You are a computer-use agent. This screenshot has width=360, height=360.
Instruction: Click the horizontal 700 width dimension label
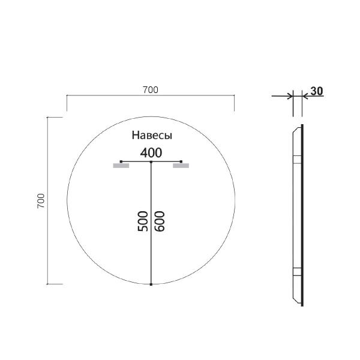[150, 90]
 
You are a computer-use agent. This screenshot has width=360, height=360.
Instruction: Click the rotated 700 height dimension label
[41, 200]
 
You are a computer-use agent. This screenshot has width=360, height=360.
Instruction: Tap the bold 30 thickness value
[317, 91]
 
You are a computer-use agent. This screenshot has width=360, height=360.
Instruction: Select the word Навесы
[152, 136]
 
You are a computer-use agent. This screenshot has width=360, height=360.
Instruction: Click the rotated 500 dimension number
[143, 221]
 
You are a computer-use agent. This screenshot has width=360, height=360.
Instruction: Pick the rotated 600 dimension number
[160, 221]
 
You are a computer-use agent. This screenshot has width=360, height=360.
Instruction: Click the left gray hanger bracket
[121, 166]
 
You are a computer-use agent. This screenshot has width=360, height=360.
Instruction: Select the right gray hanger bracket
[181, 166]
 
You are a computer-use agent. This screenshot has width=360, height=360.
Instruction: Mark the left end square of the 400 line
[121, 161]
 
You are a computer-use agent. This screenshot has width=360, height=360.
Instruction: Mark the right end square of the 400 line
[181, 161]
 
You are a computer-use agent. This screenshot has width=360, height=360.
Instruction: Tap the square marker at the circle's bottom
[151, 284]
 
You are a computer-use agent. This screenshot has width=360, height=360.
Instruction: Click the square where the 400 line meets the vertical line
[151, 162]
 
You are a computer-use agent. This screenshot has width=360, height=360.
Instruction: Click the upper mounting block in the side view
[296, 160]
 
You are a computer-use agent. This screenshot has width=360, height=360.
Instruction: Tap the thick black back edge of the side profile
[302, 216]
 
